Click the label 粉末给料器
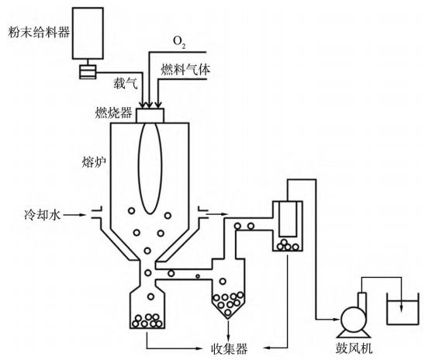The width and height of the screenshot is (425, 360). click(x=39, y=32)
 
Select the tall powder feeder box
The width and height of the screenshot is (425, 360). click(x=88, y=33)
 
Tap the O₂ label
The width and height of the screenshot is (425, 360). click(x=179, y=42)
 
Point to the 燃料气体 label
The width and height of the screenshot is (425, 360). click(x=185, y=69)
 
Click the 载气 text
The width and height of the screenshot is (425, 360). click(x=126, y=83)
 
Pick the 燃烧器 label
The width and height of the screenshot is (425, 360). click(x=113, y=112)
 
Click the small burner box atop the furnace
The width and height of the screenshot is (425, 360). click(x=150, y=116)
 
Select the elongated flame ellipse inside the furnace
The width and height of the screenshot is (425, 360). click(x=150, y=168)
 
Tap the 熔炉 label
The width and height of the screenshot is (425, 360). click(x=94, y=162)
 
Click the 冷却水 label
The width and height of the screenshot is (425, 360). click(x=42, y=215)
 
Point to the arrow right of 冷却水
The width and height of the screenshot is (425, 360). click(x=74, y=215)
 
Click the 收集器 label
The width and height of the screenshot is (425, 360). click(x=230, y=348)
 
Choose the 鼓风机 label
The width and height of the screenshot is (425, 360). click(x=354, y=348)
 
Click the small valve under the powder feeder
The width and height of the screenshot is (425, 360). click(x=88, y=72)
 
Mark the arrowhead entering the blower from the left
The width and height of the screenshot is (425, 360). click(x=336, y=319)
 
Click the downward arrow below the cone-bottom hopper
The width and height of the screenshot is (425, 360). click(x=228, y=331)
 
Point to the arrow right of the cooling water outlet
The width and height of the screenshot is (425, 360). click(x=217, y=214)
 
